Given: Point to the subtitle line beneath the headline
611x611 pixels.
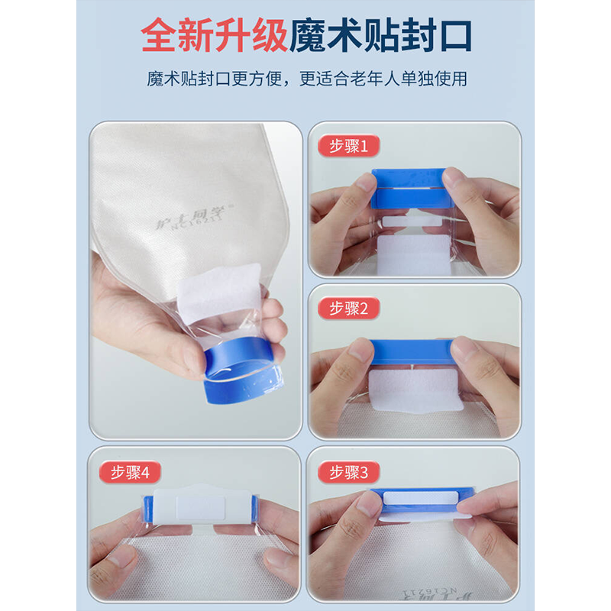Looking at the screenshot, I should pyautogui.click(x=305, y=79).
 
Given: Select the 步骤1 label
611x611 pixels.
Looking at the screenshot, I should pyautogui.click(x=354, y=146).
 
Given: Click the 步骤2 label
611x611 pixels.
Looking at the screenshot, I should pyautogui.click(x=354, y=308).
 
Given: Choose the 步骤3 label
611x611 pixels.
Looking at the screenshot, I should pyautogui.click(x=354, y=472).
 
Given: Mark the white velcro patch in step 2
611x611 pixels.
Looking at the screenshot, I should pyautogui.click(x=412, y=391).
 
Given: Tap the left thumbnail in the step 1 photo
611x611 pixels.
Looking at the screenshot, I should pyautogui.click(x=365, y=184).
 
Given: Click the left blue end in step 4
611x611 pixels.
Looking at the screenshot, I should pyautogui.click(x=145, y=507).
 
